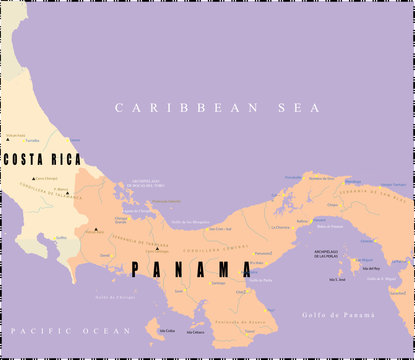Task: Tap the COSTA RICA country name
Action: coord(42,160)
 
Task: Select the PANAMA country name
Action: coord(190,269)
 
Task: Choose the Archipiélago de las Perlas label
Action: coord(333,255)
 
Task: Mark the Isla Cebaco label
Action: coord(194,332)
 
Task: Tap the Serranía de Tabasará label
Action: coord(140,247)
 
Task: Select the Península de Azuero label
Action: coord(245,322)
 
